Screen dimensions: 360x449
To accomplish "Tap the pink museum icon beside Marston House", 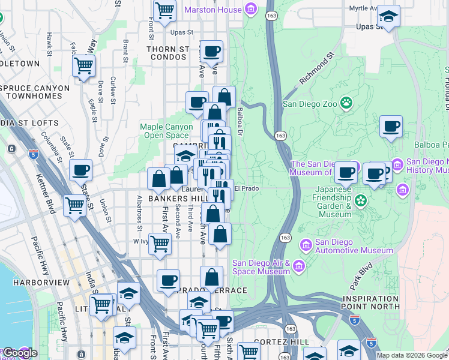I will [250, 9].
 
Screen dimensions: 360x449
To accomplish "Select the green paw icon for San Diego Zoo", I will [346, 103].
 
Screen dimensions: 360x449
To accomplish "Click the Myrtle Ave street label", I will [363, 8].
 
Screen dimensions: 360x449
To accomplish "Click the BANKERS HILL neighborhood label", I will [177, 198].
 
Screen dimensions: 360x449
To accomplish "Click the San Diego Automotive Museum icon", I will [306, 244].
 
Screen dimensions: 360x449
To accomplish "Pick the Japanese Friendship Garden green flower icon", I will [361, 200].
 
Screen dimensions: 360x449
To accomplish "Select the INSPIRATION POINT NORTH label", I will [370, 303].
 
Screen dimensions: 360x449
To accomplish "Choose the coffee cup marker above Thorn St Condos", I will [211, 52].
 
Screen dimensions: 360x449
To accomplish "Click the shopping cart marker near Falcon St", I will [84, 65].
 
